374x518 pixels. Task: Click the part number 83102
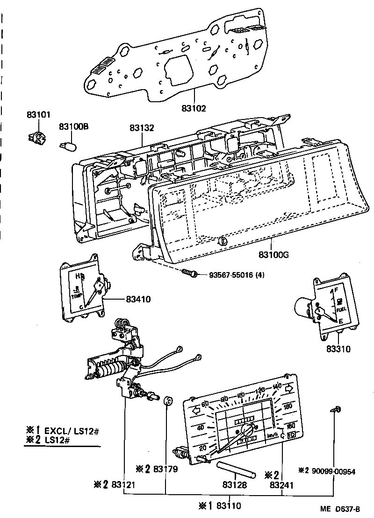[194, 108]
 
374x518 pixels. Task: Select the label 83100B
[74, 126]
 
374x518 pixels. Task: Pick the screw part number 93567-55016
[229, 274]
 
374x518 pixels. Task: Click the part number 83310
[339, 348]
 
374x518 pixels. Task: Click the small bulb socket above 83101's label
[36, 137]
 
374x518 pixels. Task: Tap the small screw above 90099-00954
[337, 410]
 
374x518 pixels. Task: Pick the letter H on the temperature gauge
[78, 275]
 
